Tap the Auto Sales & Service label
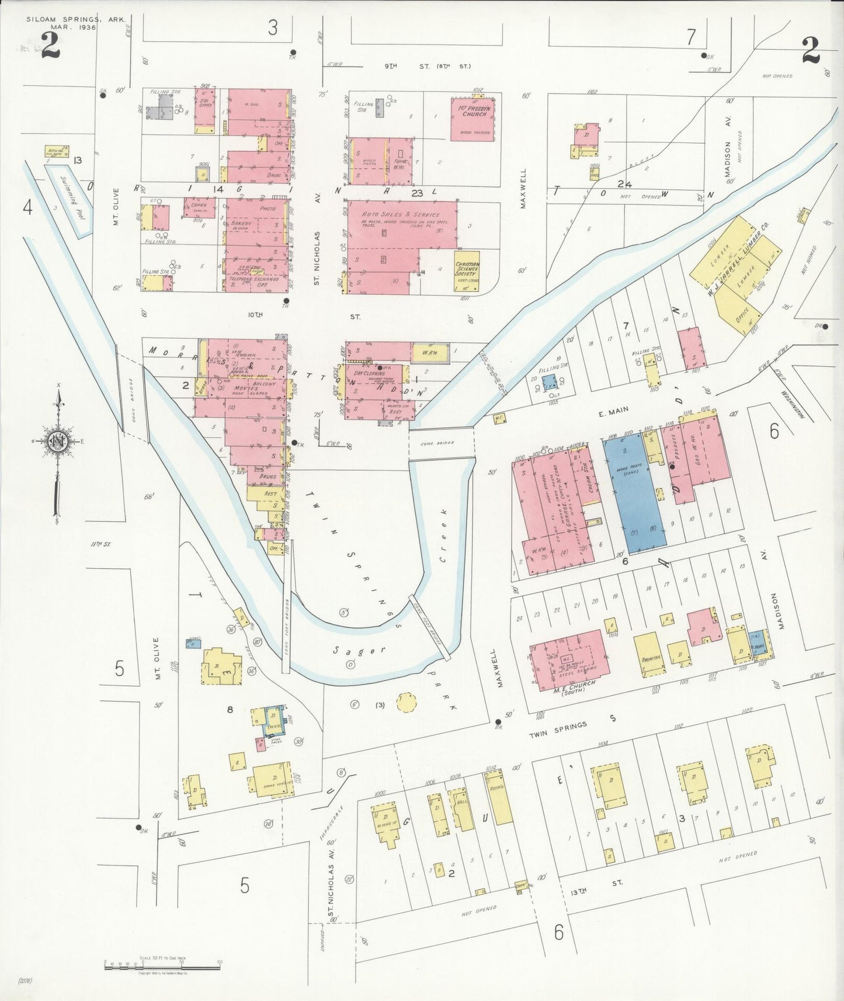[401, 214]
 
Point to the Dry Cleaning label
[369, 373]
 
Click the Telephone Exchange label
[255, 280]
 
